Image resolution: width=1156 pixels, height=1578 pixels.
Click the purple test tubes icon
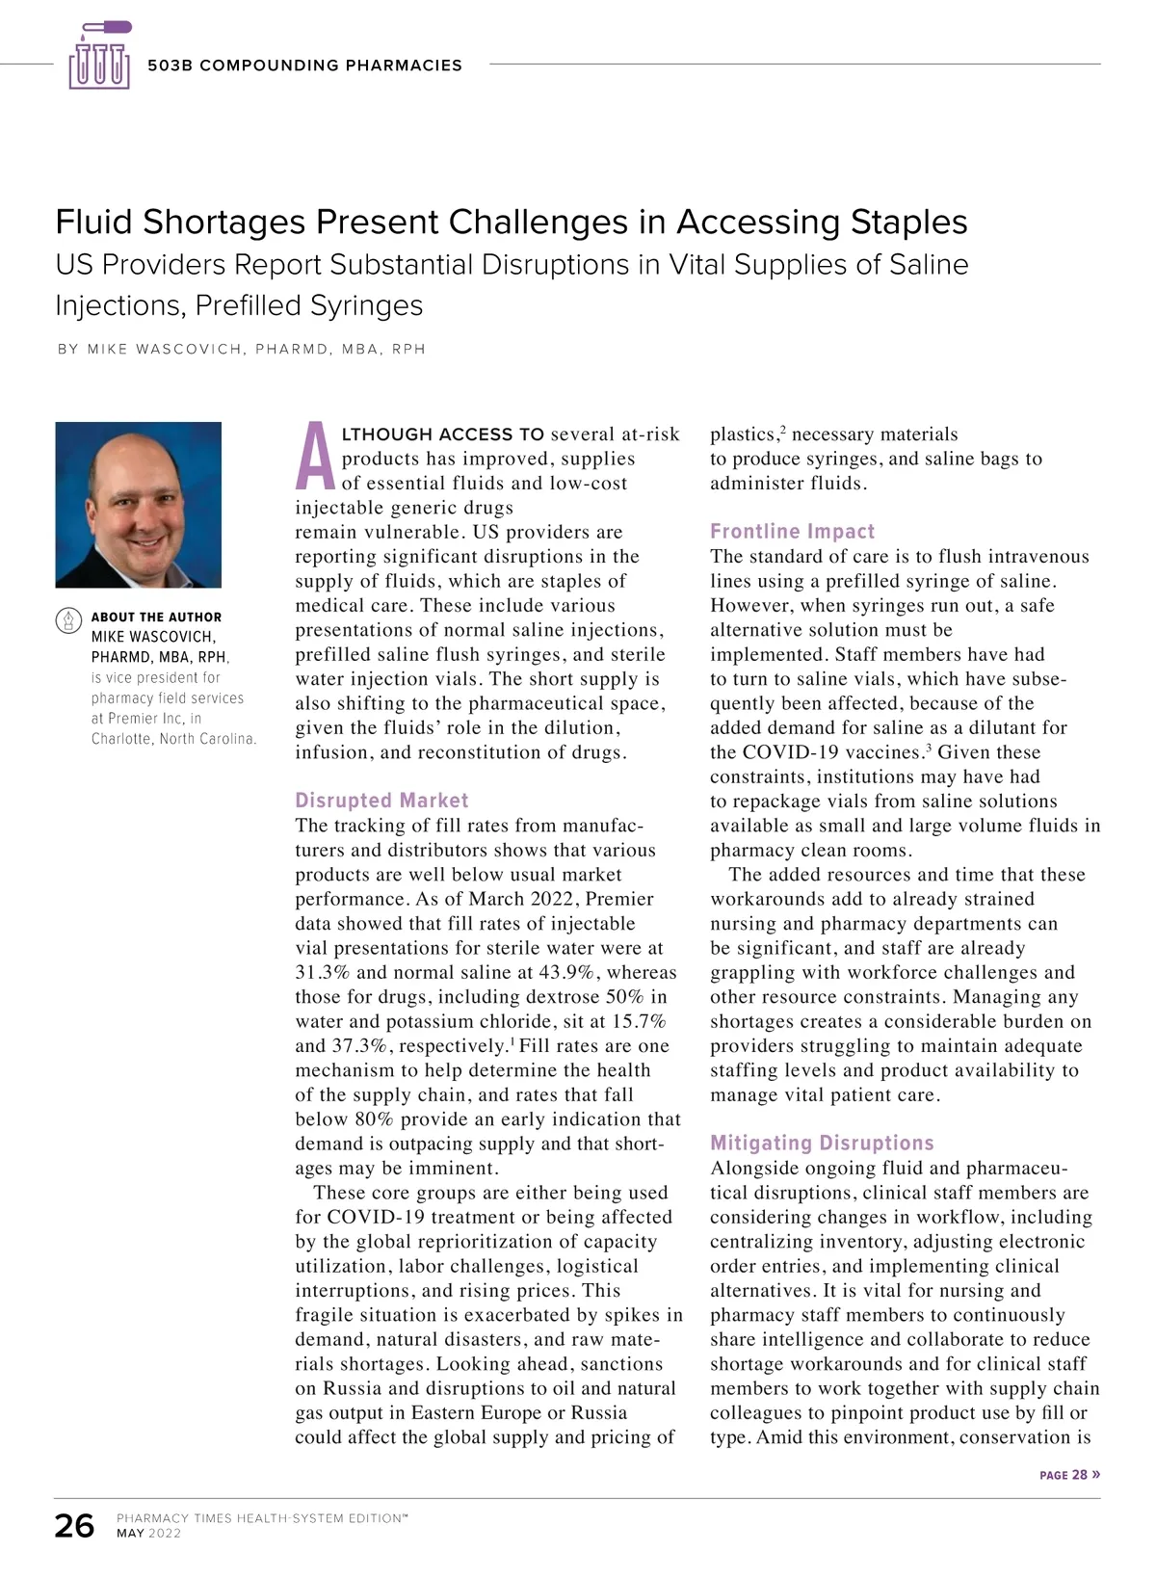[99, 57]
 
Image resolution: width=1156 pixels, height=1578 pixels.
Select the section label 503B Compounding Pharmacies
[304, 66]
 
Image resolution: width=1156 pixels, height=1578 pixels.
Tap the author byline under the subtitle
[241, 349]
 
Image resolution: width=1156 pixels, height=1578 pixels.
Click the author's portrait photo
[139, 505]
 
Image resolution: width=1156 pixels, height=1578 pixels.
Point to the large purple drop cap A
[315, 457]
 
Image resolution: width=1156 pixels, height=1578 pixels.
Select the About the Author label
[156, 617]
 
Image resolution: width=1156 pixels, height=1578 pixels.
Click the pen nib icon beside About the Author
[68, 619]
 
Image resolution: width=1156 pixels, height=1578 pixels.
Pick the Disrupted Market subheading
[381, 801]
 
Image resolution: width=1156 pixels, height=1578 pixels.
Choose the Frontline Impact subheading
[792, 532]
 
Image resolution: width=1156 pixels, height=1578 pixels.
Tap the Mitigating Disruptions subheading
[822, 1144]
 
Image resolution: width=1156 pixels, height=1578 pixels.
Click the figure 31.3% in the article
[323, 973]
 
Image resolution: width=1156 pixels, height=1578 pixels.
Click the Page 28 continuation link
[1069, 1475]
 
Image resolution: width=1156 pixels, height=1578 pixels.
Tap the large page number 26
[74, 1526]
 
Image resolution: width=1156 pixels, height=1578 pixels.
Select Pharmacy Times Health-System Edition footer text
[261, 1518]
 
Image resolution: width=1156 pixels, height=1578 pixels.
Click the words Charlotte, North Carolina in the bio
[173, 739]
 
